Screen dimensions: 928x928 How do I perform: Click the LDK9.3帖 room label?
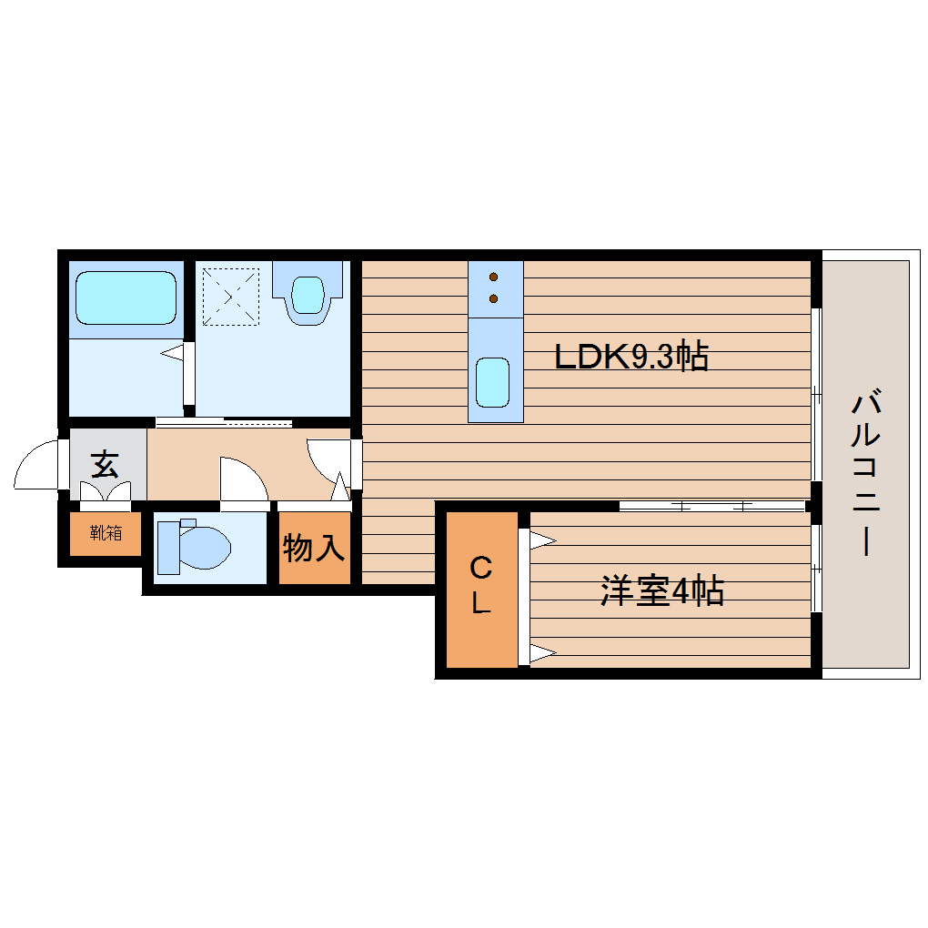[x=631, y=357]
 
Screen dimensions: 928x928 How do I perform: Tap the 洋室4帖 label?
[x=661, y=592]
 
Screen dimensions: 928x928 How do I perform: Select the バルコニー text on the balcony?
[x=866, y=473]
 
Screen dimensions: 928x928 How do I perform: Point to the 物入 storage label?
[x=314, y=549]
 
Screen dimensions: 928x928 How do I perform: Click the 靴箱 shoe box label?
[x=106, y=533]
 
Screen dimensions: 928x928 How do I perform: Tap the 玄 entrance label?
[x=105, y=466]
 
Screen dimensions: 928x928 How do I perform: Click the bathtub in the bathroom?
[x=126, y=298]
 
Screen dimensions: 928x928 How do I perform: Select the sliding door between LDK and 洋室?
[x=712, y=505]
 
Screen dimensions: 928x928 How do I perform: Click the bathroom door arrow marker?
[x=173, y=353]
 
